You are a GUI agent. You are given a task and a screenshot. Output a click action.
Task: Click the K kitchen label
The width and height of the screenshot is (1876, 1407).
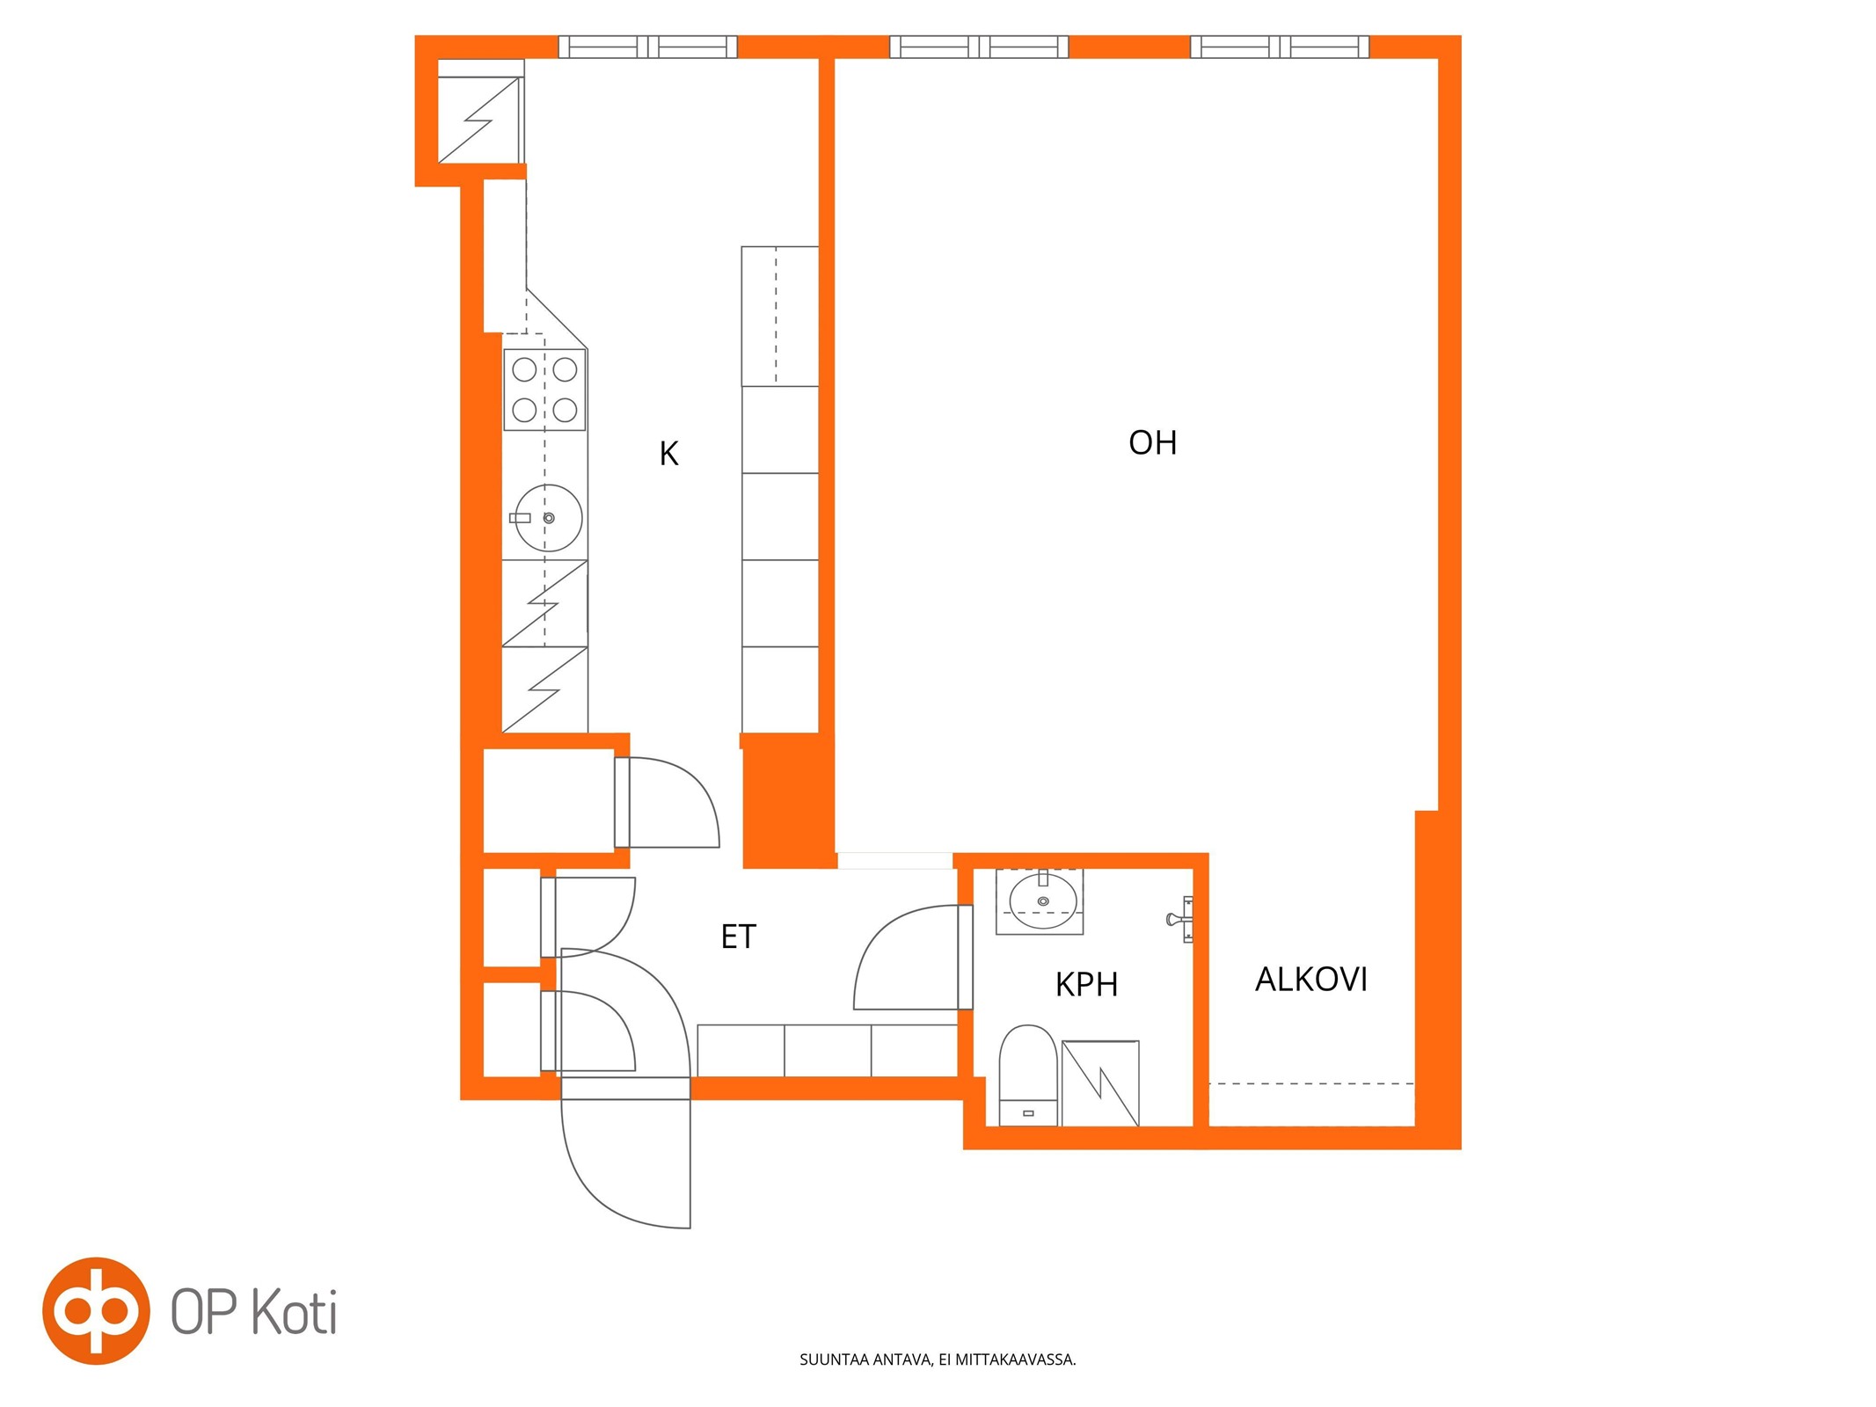pos(668,454)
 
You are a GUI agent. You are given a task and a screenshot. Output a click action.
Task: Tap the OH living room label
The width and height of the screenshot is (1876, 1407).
pos(1152,442)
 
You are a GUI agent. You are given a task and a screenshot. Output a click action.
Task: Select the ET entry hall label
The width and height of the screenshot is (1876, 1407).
pos(738,937)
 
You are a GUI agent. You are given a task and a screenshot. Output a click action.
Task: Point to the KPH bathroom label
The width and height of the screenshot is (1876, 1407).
pos(1086,985)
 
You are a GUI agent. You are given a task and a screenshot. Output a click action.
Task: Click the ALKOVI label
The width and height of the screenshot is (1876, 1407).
pos(1310,980)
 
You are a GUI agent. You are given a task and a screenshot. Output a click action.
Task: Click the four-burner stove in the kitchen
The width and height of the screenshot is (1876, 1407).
pos(544,390)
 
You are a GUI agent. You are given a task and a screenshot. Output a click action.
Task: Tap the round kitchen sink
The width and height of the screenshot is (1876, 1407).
pos(548,518)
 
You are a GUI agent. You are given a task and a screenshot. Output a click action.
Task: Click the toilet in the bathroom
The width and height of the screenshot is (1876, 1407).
pos(1028,1075)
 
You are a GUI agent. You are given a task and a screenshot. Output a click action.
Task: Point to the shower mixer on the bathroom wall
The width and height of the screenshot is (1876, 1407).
pos(1180,920)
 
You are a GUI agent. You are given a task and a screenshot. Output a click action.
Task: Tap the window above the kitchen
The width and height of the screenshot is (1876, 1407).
pos(648,47)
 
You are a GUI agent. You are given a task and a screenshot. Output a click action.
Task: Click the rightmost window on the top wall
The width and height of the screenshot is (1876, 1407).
pos(1280,47)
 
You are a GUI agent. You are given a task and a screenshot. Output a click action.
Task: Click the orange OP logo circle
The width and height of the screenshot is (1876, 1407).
pos(96,1310)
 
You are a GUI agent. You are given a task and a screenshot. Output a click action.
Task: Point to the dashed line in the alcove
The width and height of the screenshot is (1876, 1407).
pos(1311,1084)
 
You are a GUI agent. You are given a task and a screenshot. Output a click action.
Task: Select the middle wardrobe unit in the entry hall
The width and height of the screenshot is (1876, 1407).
pos(828,1050)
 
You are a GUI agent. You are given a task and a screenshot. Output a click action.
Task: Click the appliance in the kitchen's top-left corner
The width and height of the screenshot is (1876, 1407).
pos(480,120)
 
